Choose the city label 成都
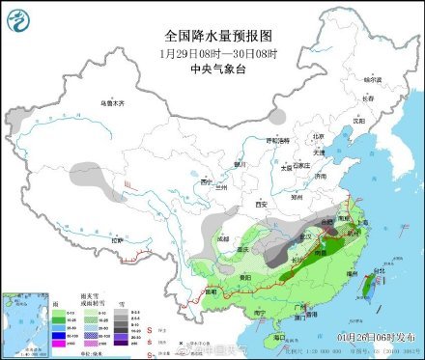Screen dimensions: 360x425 tap(224, 236)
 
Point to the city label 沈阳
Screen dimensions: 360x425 tap(359, 122)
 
